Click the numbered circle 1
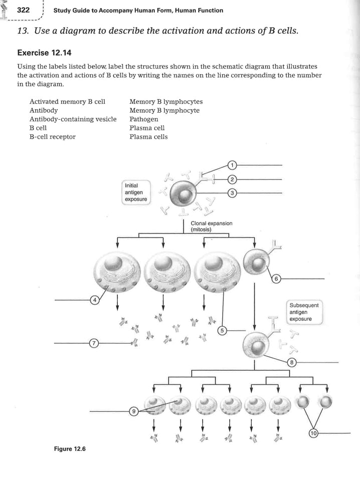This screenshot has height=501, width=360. pyautogui.click(x=232, y=165)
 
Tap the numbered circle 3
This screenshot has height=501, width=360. pyautogui.click(x=232, y=193)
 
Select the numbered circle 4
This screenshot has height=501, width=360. pyautogui.click(x=94, y=300)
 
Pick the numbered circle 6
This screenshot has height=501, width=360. pyautogui.click(x=276, y=279)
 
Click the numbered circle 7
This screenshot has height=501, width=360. pyautogui.click(x=93, y=343)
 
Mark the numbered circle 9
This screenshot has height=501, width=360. pyautogui.click(x=133, y=411)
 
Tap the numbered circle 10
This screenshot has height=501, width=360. pyautogui.click(x=313, y=433)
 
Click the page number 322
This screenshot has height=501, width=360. pyautogui.click(x=24, y=10)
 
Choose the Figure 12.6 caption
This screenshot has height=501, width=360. pyautogui.click(x=70, y=448)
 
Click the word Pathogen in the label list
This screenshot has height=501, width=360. pyautogui.click(x=143, y=119)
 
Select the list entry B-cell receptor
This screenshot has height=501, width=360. pyautogui.click(x=53, y=136)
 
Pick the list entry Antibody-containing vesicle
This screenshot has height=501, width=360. pyautogui.click(x=73, y=119)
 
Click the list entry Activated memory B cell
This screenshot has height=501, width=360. pyautogui.click(x=67, y=102)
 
